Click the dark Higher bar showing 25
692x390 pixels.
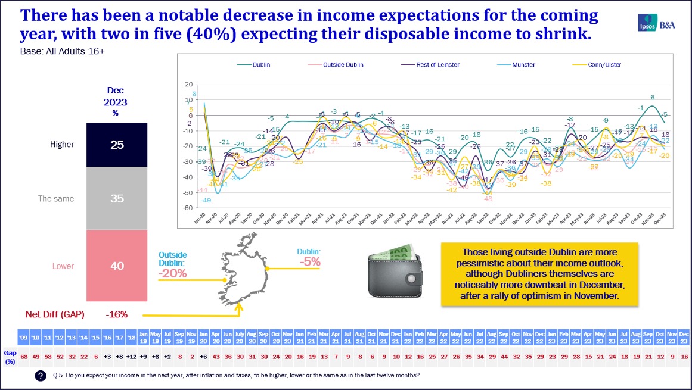(x=117, y=145)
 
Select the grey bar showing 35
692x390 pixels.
(x=117, y=198)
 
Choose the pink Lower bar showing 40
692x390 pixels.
(x=117, y=266)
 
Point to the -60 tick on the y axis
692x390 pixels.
(x=188, y=208)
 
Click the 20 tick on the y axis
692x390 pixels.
(x=188, y=84)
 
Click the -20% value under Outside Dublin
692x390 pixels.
(x=172, y=273)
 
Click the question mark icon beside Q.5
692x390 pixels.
(x=41, y=376)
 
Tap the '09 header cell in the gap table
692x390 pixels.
(x=24, y=337)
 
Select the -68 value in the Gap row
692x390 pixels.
(x=24, y=356)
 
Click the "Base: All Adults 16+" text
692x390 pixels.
(x=62, y=51)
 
